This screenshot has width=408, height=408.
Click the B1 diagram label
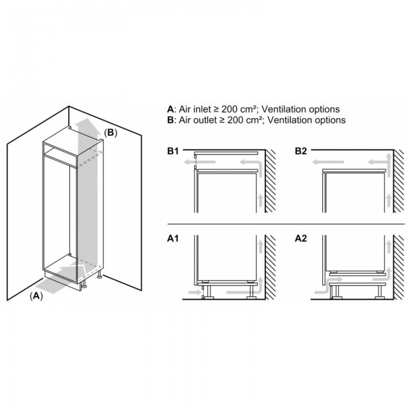point(173,151)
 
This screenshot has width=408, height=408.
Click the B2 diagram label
point(301,151)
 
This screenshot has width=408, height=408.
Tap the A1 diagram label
point(173,238)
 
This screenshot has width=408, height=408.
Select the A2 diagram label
point(301,238)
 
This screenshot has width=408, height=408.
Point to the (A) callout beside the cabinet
point(36,296)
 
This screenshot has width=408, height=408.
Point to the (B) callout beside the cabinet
point(111,133)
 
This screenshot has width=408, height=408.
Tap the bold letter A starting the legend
point(170,110)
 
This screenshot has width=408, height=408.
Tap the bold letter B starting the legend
point(170,120)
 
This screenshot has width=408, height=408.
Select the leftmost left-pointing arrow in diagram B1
point(199,163)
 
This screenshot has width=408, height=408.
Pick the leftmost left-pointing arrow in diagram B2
point(328,163)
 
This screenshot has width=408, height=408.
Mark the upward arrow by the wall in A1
point(260,247)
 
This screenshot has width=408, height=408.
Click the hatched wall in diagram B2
point(399,181)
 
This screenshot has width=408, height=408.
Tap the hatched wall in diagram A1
point(270,267)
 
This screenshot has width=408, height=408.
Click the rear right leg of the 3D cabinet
point(99,275)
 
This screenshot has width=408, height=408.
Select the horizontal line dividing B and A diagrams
point(286,224)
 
